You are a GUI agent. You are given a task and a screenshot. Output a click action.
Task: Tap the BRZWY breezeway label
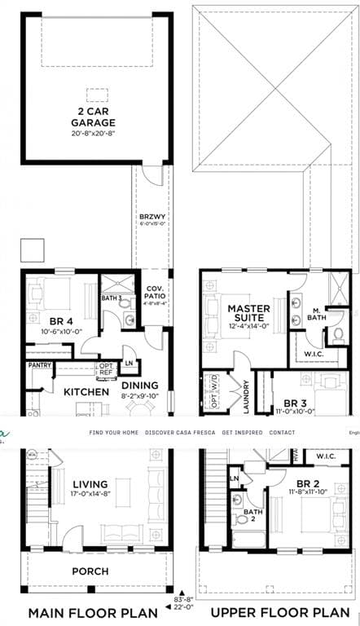[152, 217]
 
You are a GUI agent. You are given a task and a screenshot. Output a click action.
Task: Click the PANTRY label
[40, 365]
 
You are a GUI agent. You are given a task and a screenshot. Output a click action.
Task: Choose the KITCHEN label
[86, 392]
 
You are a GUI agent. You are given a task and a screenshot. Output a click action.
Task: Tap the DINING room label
[139, 386]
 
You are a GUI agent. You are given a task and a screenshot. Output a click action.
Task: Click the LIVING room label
[90, 483]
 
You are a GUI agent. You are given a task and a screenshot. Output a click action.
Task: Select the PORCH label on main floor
[90, 571]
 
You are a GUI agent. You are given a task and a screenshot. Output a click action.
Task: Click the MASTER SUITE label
[248, 313]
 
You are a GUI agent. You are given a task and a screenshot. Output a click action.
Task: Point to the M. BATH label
[316, 313]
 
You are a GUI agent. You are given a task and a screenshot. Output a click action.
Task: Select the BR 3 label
[294, 403]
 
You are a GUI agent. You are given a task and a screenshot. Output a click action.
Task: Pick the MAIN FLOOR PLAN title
[90, 611]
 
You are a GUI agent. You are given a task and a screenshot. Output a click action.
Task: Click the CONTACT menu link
[282, 433]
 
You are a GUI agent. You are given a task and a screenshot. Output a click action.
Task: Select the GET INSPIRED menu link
[242, 433]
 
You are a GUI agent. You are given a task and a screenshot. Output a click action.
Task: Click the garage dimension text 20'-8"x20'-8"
[98, 133]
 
